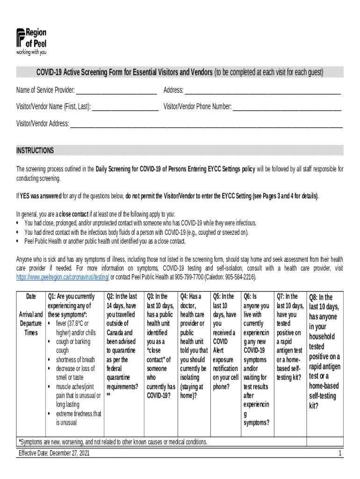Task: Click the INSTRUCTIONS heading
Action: [x=35, y=151]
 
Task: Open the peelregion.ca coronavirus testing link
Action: [x=63, y=277]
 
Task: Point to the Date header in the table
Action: [x=31, y=297]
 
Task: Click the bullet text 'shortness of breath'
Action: [x=75, y=360]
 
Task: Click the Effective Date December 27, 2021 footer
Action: [x=54, y=453]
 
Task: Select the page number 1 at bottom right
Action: [x=340, y=453]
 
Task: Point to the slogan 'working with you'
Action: [x=31, y=52]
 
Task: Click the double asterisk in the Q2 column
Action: [x=108, y=396]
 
